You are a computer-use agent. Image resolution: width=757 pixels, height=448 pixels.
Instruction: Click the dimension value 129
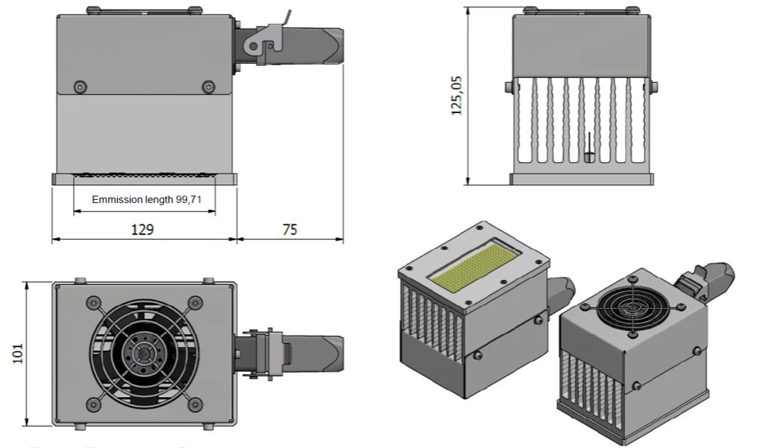143,231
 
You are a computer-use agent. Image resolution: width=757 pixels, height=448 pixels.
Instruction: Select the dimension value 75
289,231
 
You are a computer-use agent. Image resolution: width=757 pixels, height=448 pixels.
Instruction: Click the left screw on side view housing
80,87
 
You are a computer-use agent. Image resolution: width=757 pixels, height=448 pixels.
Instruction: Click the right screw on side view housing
208,87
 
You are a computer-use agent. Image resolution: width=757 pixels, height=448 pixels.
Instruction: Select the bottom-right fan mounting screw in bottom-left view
195,403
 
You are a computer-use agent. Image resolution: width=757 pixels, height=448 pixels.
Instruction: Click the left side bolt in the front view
509,86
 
